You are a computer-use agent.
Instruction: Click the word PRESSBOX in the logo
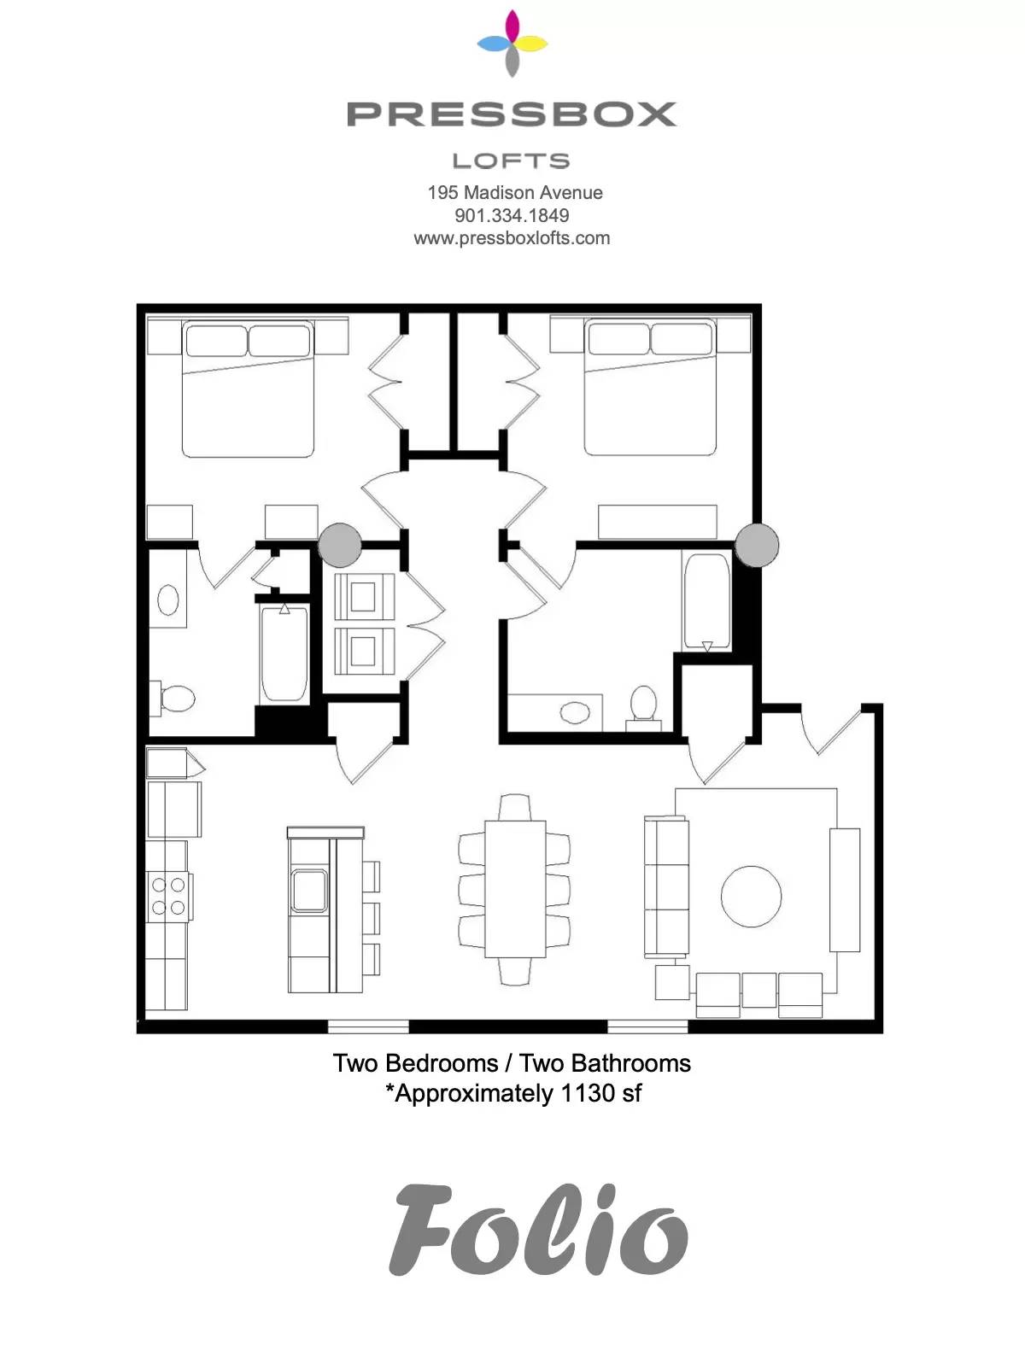point(512,114)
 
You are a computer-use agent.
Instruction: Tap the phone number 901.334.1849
point(512,215)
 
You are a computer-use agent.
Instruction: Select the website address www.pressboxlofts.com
point(512,238)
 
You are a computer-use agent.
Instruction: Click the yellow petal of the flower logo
point(531,44)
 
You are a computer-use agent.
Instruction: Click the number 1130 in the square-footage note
point(586,1094)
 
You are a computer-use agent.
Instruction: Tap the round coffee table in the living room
point(751,896)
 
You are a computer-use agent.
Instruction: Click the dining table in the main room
point(515,888)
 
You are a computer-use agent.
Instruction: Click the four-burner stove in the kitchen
point(168,896)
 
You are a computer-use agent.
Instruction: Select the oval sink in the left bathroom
point(168,599)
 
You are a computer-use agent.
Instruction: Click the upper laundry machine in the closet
point(364,597)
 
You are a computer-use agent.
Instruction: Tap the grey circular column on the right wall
point(757,545)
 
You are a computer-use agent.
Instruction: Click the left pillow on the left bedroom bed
point(216,340)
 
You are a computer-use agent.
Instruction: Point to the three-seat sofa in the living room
point(666,886)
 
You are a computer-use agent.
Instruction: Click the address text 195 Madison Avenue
point(515,192)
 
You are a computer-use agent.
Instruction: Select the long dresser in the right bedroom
point(658,522)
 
